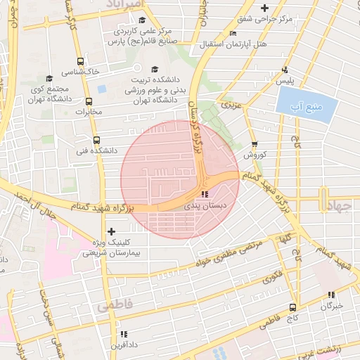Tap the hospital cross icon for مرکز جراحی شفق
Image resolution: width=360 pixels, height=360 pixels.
tap(264, 8)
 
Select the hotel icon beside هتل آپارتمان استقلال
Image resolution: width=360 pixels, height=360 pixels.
tap(233, 33)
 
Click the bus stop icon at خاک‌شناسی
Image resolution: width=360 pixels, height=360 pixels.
tap(80, 62)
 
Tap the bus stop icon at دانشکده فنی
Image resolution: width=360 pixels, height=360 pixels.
tap(96, 139)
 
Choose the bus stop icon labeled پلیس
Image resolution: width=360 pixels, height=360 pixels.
tap(285, 70)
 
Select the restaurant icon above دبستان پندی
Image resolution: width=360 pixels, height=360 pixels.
tap(204, 194)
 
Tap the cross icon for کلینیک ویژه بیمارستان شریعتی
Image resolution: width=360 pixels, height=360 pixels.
tap(111, 231)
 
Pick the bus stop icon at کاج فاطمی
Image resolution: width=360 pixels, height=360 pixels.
tap(293, 307)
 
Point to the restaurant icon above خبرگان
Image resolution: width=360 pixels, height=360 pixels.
tap(330, 295)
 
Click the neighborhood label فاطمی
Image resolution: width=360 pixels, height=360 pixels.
tap(115, 307)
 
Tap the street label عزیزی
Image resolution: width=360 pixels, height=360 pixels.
tap(231, 105)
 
